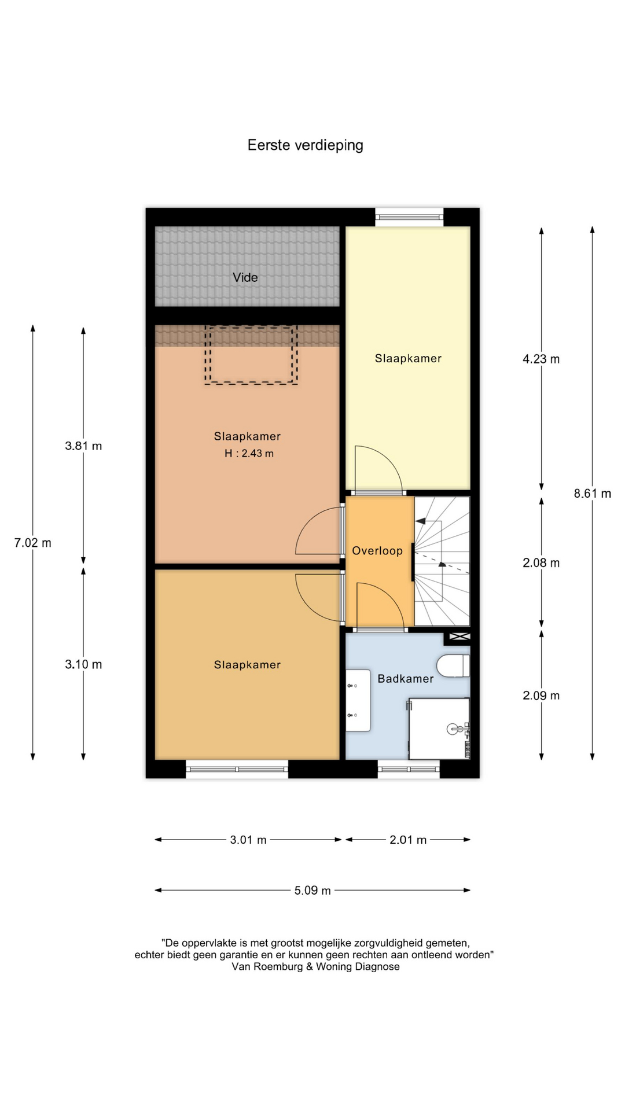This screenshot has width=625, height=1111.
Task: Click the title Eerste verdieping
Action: (x=305, y=145)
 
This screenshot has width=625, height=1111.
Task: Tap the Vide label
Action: (x=245, y=277)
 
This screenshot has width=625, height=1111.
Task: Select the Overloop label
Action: (x=377, y=551)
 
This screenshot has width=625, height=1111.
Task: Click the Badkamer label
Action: (x=405, y=679)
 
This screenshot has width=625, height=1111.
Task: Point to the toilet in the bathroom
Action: (x=454, y=665)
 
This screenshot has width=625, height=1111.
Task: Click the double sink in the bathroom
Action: (x=358, y=701)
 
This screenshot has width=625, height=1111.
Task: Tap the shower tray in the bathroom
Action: (x=439, y=729)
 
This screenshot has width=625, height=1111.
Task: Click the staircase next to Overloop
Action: (x=442, y=561)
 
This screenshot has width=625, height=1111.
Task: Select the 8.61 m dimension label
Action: (x=593, y=494)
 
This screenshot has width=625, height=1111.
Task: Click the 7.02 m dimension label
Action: (x=33, y=543)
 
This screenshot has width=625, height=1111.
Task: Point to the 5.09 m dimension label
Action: (x=312, y=891)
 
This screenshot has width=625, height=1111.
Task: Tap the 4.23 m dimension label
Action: (x=541, y=359)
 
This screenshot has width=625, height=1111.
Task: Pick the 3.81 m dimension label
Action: (x=83, y=446)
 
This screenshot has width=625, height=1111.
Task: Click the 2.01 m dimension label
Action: (x=408, y=840)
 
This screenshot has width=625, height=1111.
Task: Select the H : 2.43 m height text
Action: (x=249, y=454)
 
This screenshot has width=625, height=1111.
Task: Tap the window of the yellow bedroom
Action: (x=410, y=217)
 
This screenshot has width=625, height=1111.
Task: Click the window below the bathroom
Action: (x=409, y=769)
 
